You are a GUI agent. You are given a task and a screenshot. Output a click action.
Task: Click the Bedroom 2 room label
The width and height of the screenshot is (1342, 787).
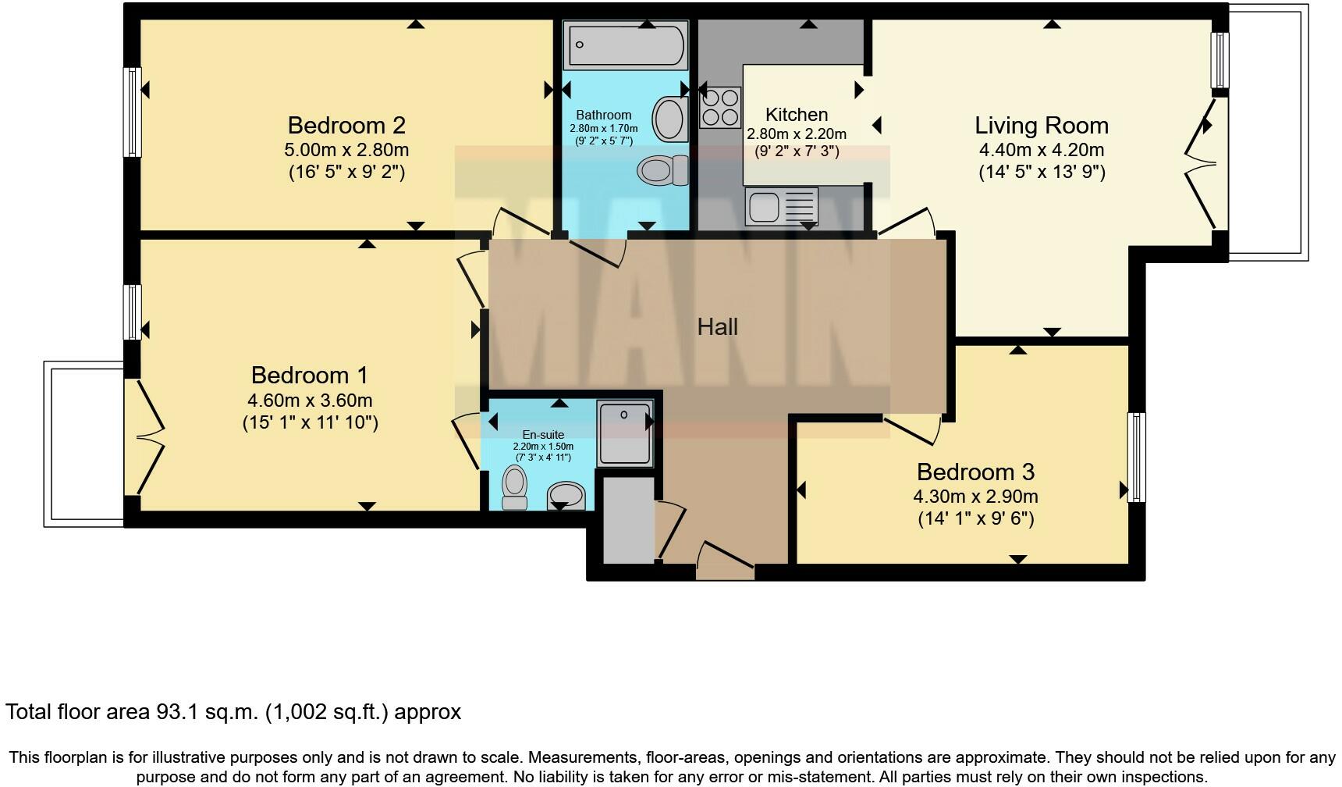point(346,125)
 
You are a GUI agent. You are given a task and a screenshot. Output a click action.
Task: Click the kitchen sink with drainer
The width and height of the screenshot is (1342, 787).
point(781,206)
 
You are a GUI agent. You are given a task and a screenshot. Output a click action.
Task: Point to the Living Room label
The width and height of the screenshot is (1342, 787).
point(1041,125)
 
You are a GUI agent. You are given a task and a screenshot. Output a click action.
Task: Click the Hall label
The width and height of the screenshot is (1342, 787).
point(717,326)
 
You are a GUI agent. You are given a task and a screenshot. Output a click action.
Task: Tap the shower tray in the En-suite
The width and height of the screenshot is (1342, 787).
point(624,433)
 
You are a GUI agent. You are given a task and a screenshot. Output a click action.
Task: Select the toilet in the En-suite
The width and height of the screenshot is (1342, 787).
point(514,486)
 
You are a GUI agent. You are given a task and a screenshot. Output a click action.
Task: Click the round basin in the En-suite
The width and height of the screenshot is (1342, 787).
point(566,494)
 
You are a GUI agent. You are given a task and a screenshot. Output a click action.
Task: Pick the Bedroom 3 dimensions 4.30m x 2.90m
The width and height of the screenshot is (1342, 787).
point(975,497)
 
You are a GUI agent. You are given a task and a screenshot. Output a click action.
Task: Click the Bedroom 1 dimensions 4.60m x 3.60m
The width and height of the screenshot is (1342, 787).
point(310,401)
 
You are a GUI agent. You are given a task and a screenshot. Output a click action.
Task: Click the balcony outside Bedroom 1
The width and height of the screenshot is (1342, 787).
point(83,443)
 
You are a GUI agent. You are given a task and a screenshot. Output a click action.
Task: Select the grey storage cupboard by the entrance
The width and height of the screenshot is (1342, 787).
point(629,521)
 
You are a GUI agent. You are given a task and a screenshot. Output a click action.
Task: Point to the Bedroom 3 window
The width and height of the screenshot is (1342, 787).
point(1137,457)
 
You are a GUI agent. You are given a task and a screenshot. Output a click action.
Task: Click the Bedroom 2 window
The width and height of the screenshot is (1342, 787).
point(133,112)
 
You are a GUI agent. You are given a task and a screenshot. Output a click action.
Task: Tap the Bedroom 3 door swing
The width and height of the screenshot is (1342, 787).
point(913,429)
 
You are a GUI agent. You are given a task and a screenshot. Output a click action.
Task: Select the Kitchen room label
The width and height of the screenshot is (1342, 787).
point(796,114)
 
